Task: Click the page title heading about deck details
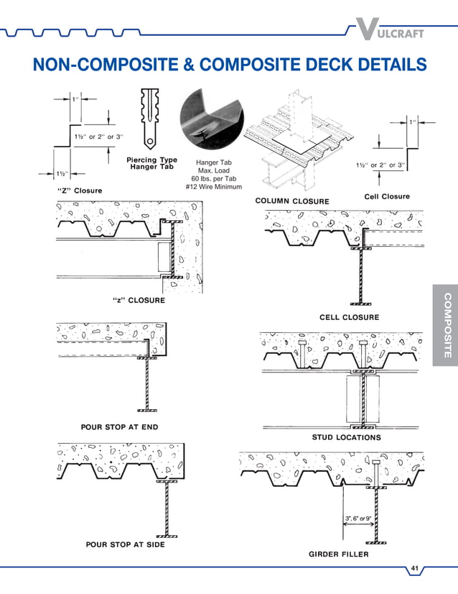point(229,65)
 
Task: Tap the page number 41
point(414,570)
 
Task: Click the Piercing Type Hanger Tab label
point(151,163)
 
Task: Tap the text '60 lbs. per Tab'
point(213,179)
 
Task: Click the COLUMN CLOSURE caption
point(292,201)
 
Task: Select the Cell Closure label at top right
point(386,196)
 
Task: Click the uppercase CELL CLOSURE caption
point(349,317)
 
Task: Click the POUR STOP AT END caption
point(119,427)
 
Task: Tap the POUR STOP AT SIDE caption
point(125,544)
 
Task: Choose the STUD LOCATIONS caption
point(346,437)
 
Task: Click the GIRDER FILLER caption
point(338,554)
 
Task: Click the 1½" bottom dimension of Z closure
point(62,173)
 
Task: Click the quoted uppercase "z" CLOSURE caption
point(139,300)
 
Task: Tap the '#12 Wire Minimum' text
point(213,188)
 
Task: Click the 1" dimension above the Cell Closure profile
point(413,122)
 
